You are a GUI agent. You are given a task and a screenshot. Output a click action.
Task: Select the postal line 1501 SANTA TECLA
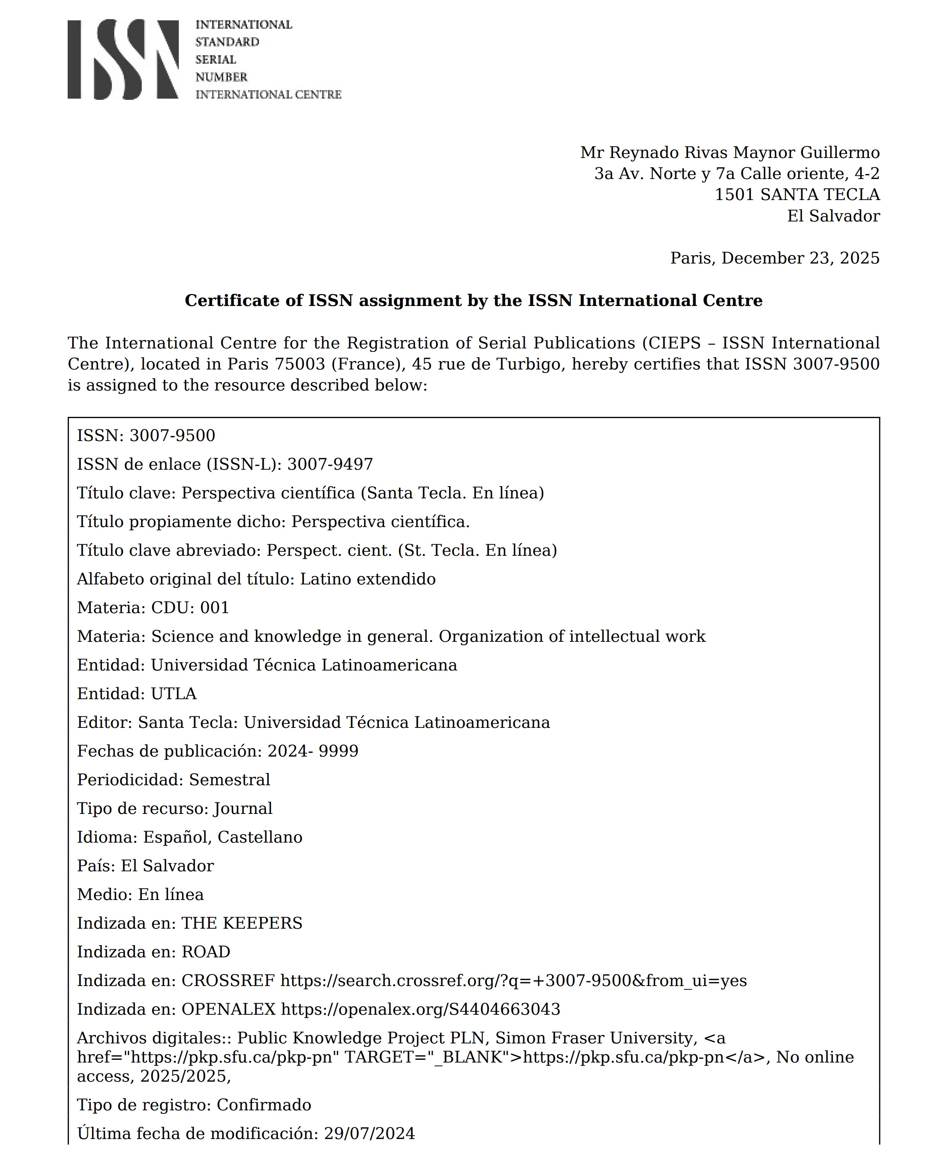coord(797,194)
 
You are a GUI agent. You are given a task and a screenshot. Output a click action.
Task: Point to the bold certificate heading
coord(474,301)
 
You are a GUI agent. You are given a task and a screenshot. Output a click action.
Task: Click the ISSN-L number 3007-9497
coord(330,464)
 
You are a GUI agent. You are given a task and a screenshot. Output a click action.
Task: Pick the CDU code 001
coord(214,607)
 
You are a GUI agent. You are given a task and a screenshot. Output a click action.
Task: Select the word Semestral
coord(229,779)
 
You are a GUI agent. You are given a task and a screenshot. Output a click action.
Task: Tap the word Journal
coord(243,809)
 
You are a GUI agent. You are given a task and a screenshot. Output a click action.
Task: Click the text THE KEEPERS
coord(242,923)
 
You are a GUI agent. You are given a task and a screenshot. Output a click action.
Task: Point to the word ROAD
coord(206,952)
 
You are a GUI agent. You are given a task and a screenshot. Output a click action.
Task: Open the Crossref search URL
coord(513,981)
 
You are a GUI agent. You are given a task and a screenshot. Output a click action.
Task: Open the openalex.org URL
coord(420,1009)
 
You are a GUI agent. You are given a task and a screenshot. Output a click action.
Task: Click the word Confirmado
coord(264,1105)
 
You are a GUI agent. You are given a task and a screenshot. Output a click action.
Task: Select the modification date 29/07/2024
coord(370,1134)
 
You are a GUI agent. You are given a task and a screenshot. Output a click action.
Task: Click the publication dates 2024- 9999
coord(313,751)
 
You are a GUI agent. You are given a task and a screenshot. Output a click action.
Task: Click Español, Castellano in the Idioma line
coord(223,837)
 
